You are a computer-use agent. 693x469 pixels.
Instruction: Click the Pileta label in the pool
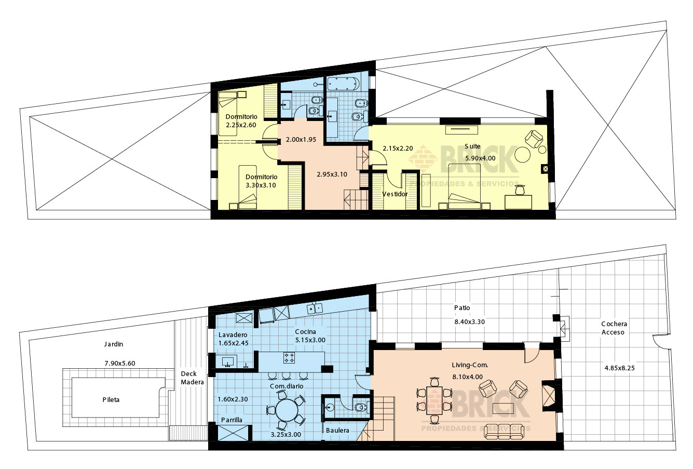pyautogui.click(x=111, y=399)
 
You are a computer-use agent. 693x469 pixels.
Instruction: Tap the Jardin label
pyautogui.click(x=113, y=344)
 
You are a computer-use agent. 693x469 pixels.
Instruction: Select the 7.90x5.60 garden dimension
pyautogui.click(x=120, y=363)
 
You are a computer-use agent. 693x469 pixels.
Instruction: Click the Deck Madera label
pyautogui.click(x=192, y=378)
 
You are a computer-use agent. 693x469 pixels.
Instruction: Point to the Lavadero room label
pyautogui.click(x=233, y=334)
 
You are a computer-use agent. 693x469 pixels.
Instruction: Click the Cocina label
pyautogui.click(x=305, y=331)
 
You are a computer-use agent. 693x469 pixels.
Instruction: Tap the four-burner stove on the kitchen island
pyautogui.click(x=289, y=358)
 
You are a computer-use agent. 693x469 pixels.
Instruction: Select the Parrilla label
pyautogui.click(x=232, y=420)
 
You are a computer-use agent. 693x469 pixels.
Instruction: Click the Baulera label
pyautogui.click(x=337, y=430)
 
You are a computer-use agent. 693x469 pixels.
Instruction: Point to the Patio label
pyautogui.click(x=462, y=307)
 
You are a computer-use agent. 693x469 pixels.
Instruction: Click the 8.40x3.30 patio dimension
pyautogui.click(x=469, y=321)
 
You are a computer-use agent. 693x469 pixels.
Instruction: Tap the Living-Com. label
pyautogui.click(x=470, y=365)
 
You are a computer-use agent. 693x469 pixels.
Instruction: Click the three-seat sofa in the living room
pyautogui.click(x=505, y=432)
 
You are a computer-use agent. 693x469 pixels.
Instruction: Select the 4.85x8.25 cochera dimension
pyautogui.click(x=619, y=368)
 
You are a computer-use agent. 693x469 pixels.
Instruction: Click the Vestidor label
pyautogui.click(x=395, y=194)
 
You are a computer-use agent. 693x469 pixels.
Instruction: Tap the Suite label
pyautogui.click(x=472, y=146)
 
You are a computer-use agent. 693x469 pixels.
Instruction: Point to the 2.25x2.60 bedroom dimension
pyautogui.click(x=241, y=125)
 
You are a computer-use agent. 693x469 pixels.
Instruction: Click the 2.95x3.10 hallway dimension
pyautogui.click(x=332, y=175)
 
